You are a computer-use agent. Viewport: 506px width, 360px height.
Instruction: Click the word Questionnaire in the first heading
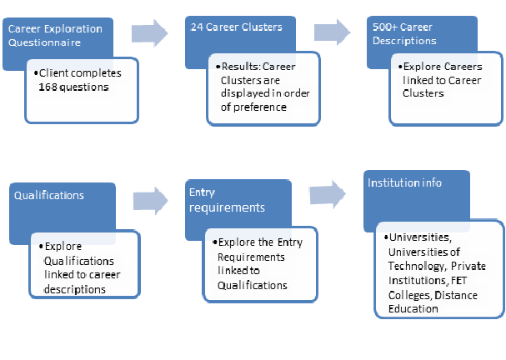(x=44, y=42)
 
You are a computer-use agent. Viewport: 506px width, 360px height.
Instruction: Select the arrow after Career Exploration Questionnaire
(x=149, y=33)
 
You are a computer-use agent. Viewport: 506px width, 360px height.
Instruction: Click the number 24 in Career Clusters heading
(x=197, y=27)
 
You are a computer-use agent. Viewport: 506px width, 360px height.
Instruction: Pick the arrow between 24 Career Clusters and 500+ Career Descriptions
(x=332, y=32)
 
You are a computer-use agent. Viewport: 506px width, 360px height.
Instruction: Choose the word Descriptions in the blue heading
(x=404, y=41)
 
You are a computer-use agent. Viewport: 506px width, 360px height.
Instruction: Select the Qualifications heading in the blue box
(x=49, y=196)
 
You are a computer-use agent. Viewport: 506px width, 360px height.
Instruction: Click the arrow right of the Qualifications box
(x=151, y=201)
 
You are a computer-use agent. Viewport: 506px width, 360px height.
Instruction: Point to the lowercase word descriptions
(x=75, y=289)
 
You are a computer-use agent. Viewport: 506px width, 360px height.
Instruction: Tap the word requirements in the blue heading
(x=227, y=207)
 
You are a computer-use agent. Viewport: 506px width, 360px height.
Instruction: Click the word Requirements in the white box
(x=251, y=257)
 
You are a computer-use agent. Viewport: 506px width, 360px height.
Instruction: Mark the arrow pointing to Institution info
(x=328, y=194)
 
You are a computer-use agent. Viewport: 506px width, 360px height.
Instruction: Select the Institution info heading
(x=404, y=182)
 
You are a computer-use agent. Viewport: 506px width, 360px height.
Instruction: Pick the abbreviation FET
(x=458, y=280)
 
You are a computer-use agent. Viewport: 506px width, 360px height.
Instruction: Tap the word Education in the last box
(x=413, y=308)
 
